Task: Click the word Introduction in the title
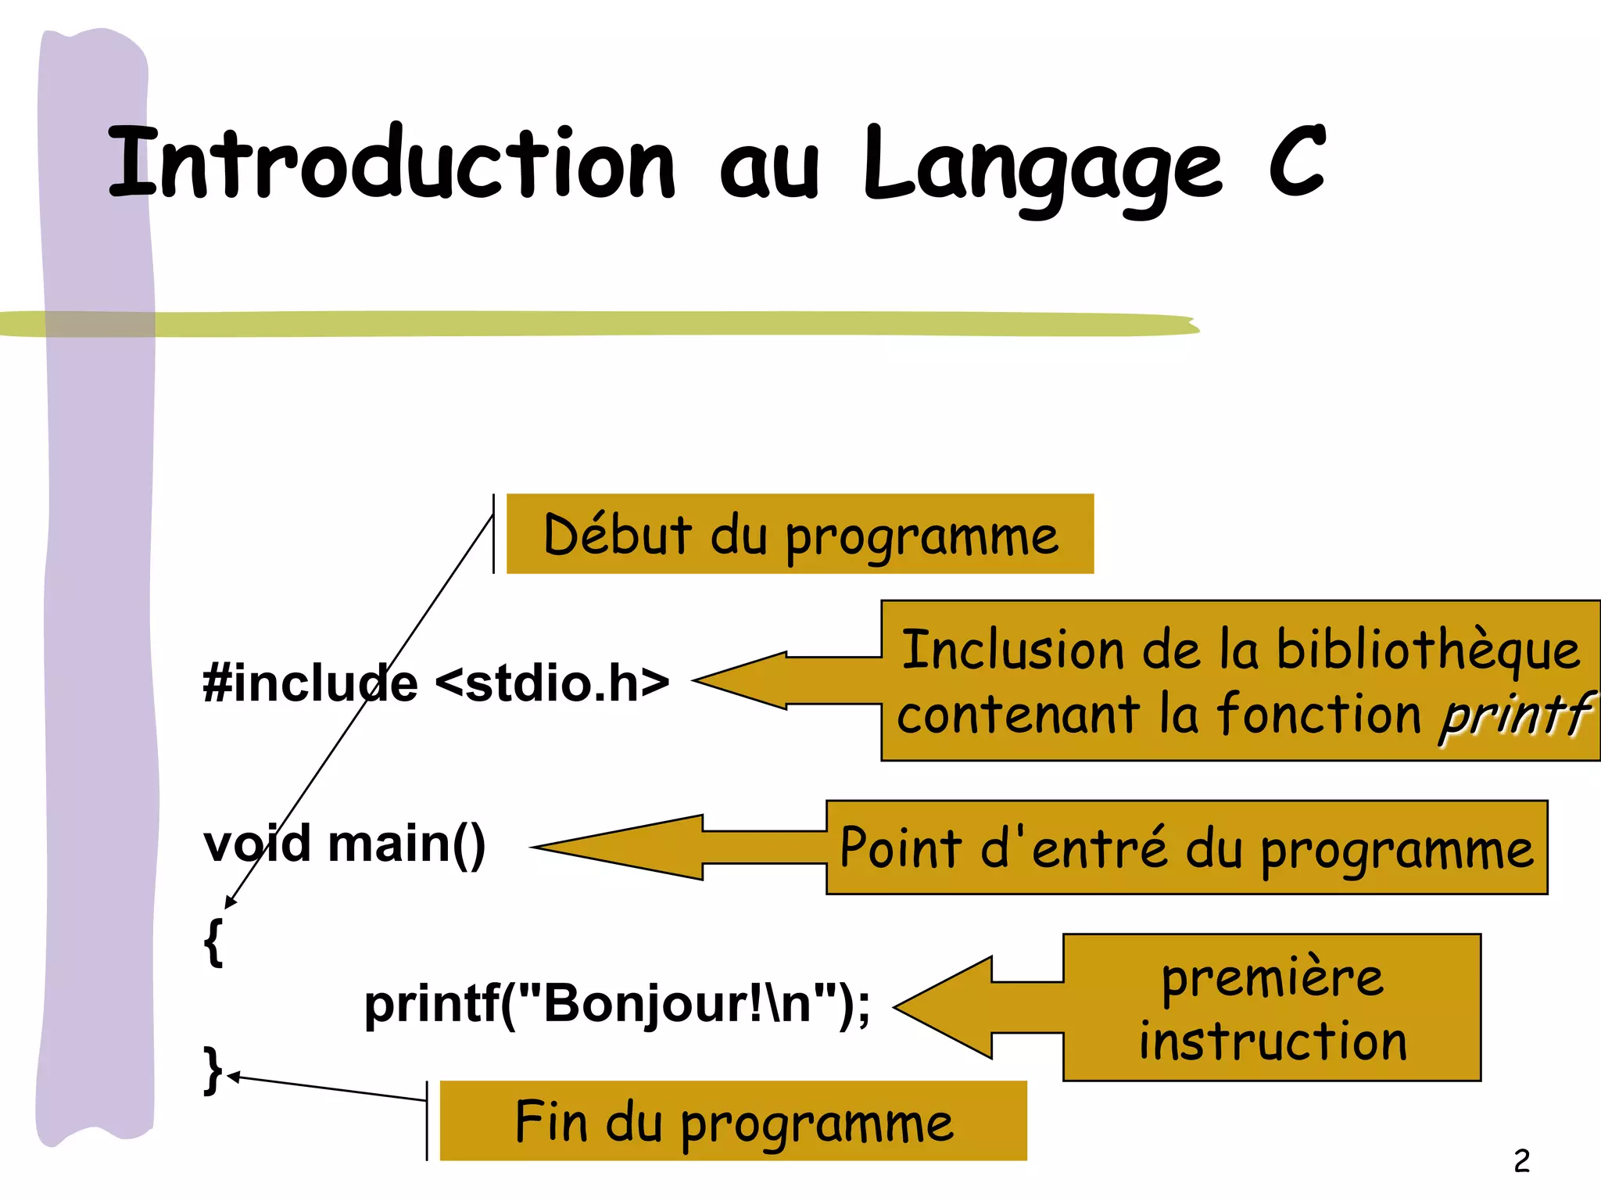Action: tap(391, 163)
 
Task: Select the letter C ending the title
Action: tap(1296, 160)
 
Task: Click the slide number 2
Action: tap(1521, 1160)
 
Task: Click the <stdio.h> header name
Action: tap(552, 683)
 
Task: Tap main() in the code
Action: tap(407, 845)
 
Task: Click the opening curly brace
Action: tap(213, 941)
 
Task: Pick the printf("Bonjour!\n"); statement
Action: tap(617, 1004)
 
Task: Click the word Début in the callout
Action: tap(618, 535)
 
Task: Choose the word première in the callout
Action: tap(1273, 978)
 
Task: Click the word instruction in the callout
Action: tap(1273, 1041)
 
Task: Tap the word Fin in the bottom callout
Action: tap(550, 1121)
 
